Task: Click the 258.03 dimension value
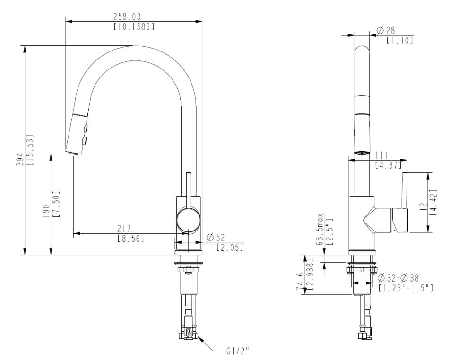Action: [x=127, y=17]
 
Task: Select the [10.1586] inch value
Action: [x=134, y=26]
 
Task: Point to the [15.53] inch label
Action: [x=30, y=150]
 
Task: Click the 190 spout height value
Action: [x=46, y=211]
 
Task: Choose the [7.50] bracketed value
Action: [x=56, y=204]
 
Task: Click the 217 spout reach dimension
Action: [x=124, y=228]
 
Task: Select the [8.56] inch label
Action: [x=131, y=238]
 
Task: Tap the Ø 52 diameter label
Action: [x=216, y=237]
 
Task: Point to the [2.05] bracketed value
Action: [x=230, y=248]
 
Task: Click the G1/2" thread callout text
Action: [x=238, y=350]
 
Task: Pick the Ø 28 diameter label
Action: [x=386, y=30]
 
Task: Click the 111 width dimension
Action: [x=381, y=155]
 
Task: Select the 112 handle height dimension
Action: [x=423, y=209]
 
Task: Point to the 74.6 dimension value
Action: [x=301, y=281]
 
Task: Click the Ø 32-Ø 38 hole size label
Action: [x=398, y=278]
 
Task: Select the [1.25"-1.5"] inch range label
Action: [x=406, y=288]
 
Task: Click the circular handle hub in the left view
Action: [x=189, y=220]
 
